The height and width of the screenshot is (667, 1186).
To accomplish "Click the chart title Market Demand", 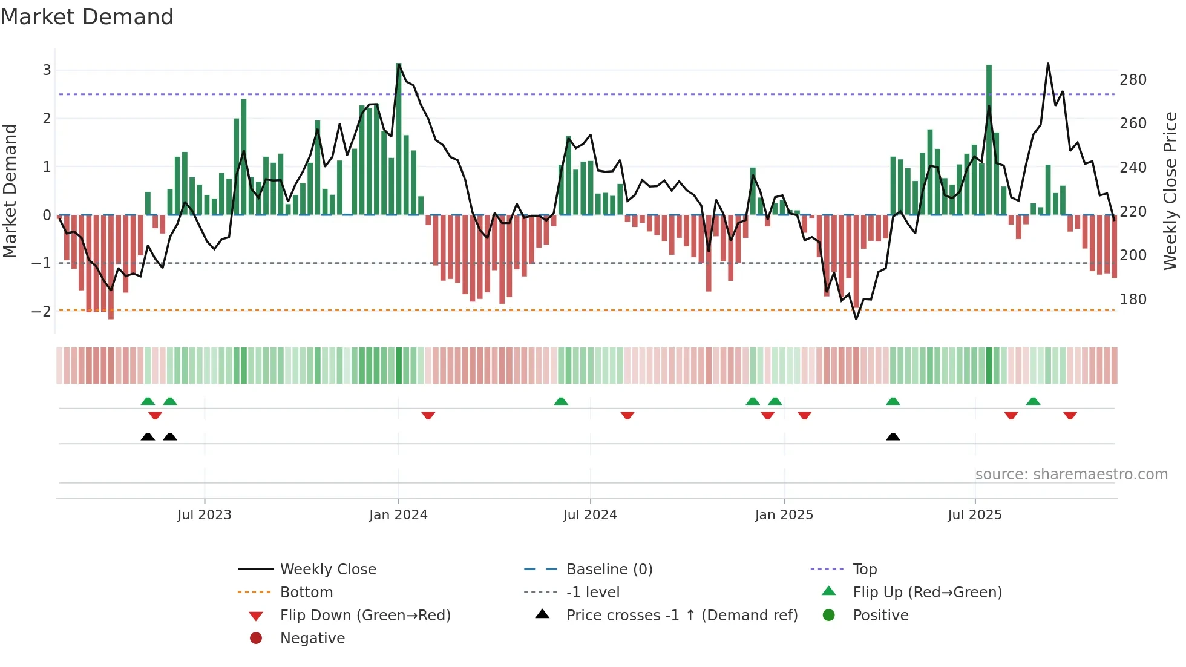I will point(87,17).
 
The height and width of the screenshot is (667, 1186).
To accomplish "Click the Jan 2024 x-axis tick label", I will point(398,515).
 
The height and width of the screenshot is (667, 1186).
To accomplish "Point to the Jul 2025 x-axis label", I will point(975,515).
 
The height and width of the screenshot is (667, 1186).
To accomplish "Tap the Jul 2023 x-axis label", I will point(205,515).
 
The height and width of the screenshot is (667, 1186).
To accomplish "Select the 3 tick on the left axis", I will point(47,70).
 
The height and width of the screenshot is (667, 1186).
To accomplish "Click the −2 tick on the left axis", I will point(42,312).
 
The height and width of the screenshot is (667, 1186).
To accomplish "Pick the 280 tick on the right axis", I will point(1133,80).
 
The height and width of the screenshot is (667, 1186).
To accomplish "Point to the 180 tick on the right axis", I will point(1133,300).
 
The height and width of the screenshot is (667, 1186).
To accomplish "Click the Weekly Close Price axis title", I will point(1170,191).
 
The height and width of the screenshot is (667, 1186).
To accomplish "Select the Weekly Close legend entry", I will point(328,570).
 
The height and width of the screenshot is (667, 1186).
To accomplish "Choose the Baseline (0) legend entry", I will point(609,570).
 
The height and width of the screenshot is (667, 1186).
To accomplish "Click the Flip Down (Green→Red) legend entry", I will point(365,616).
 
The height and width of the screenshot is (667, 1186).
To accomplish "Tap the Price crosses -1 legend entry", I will point(681,616).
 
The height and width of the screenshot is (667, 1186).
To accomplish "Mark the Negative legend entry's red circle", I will point(256,638).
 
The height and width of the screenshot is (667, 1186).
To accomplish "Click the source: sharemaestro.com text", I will point(1071,475).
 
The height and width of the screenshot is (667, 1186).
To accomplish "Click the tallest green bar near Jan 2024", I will point(399,139).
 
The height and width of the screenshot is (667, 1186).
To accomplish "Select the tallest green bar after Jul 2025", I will point(989,139).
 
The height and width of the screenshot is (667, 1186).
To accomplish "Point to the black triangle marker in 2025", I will point(893,436).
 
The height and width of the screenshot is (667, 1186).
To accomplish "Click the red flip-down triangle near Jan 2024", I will point(428,415).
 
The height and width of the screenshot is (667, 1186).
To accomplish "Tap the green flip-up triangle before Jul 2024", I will point(561,401).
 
